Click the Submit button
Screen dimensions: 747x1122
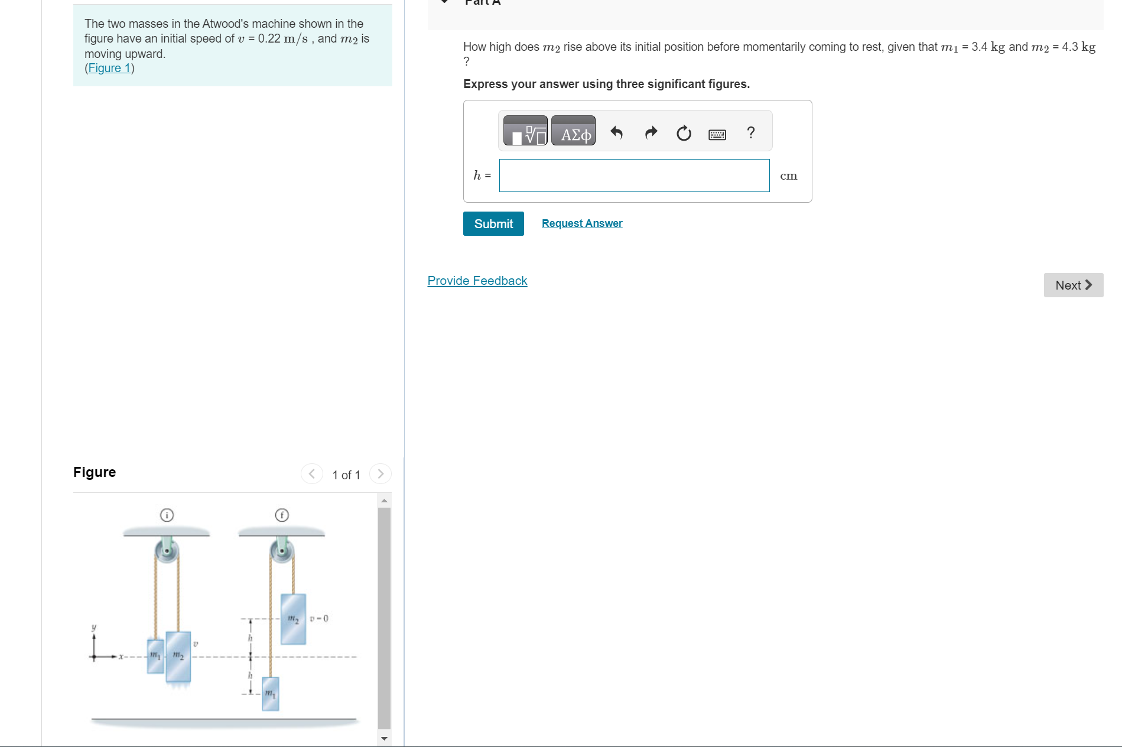click(x=493, y=224)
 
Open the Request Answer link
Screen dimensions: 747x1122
click(x=582, y=223)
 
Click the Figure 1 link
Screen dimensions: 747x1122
click(x=109, y=69)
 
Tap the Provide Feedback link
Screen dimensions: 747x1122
click(x=477, y=281)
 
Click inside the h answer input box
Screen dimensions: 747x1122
click(x=634, y=176)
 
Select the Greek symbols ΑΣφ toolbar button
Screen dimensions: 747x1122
click(x=574, y=131)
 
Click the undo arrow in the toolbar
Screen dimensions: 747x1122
click(x=617, y=132)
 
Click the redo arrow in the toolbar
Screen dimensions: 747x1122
click(x=651, y=132)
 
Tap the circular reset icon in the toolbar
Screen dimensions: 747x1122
click(x=684, y=133)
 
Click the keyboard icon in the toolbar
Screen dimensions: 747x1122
click(x=717, y=135)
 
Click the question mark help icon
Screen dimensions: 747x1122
click(x=751, y=132)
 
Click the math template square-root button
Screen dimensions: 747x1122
click(x=525, y=131)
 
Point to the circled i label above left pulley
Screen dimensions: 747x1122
click(x=167, y=515)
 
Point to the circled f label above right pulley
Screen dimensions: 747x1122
click(x=282, y=515)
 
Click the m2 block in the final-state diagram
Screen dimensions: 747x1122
click(x=293, y=619)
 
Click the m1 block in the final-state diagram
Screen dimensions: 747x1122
click(x=270, y=693)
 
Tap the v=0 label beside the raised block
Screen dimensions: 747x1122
click(x=319, y=619)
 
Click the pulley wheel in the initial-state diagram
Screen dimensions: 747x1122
click(x=167, y=552)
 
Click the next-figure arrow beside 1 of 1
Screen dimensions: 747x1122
click(x=380, y=474)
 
